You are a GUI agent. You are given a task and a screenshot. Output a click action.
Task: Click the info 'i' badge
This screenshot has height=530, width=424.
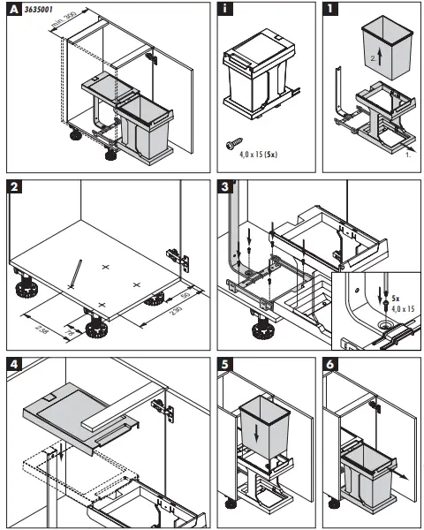[x=226, y=11]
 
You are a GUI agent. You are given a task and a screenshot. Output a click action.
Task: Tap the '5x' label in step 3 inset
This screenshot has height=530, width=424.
[x=395, y=299]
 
